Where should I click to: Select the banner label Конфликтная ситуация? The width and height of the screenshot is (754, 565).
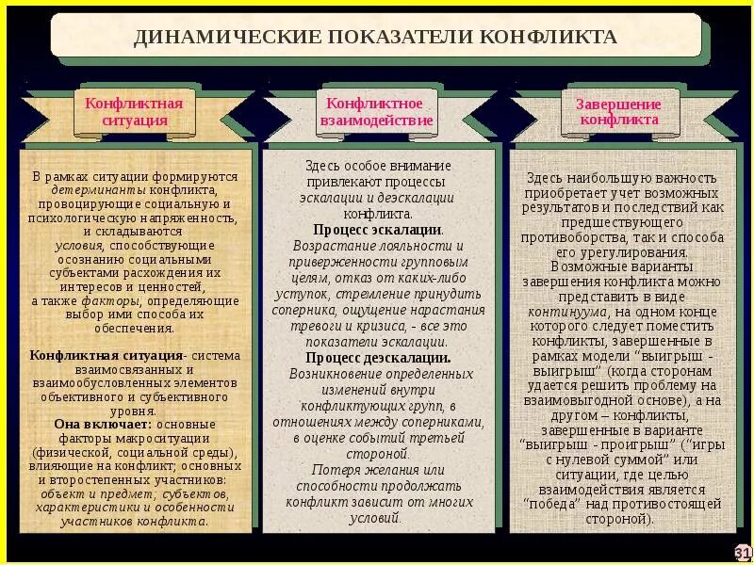(x=134, y=111)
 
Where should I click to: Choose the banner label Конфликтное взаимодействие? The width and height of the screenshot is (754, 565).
(x=376, y=112)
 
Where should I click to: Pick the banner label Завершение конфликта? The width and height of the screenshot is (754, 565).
(x=618, y=112)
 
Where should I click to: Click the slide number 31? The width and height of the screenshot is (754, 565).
(x=742, y=552)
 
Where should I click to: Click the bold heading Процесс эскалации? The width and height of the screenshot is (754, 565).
(x=376, y=229)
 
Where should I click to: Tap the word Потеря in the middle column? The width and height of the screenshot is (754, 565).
(x=331, y=469)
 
